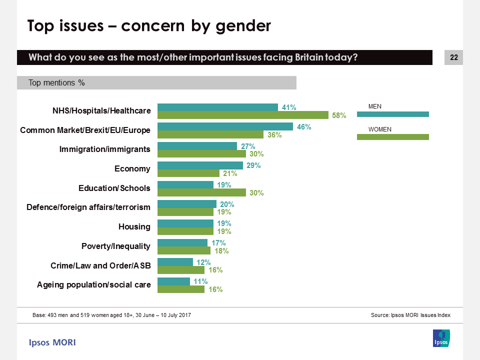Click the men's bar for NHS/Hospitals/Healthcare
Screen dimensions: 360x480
tap(217, 107)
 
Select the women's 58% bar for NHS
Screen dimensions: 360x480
tap(242, 115)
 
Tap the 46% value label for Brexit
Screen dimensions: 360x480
tap(304, 127)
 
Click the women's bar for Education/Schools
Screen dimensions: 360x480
tap(201, 192)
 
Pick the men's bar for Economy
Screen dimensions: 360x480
tap(200, 165)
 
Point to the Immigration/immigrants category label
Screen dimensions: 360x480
tap(104, 149)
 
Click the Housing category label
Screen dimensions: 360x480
tap(134, 227)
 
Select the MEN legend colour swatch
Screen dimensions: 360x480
tap(392, 114)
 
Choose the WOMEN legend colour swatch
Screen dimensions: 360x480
tap(392, 137)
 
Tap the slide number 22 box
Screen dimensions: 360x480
tap(453, 57)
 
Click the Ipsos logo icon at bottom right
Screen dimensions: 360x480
tap(441, 338)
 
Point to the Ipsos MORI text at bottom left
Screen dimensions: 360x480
tap(52, 342)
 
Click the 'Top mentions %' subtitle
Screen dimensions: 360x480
tap(56, 83)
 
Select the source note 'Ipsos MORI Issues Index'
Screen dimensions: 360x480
tap(410, 315)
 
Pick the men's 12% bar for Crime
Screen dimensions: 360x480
tap(175, 262)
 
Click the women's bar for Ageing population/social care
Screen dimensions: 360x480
tap(181, 289)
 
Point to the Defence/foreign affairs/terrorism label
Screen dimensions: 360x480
tap(88, 207)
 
